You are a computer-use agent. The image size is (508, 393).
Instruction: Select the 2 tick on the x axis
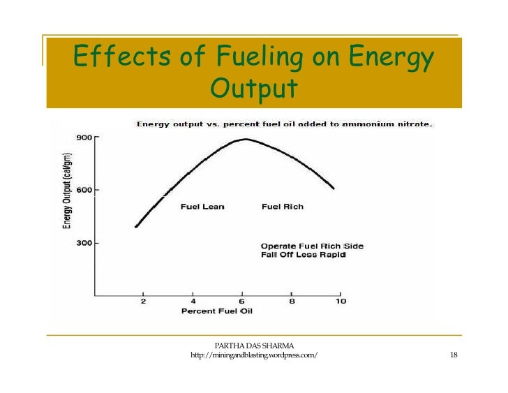point(144,301)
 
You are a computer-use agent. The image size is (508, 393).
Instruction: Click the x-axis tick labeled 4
point(193,301)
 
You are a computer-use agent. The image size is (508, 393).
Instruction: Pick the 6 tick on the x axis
point(242,301)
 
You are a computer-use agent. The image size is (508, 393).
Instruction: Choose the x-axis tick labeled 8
point(291,301)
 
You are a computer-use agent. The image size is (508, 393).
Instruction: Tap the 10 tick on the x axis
point(340,301)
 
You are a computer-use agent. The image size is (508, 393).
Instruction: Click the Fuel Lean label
point(202,207)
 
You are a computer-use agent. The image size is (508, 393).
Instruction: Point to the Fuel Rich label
point(282,207)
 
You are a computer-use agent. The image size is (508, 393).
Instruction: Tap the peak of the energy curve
point(245,140)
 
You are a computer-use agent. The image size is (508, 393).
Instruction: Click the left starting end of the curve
point(136,226)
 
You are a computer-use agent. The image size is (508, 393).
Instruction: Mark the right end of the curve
point(334,188)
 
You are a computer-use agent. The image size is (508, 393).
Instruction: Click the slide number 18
point(454,357)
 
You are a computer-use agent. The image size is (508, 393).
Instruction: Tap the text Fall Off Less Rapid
point(304,255)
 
